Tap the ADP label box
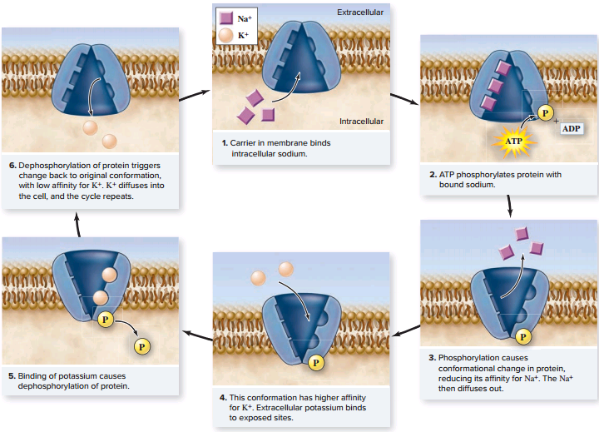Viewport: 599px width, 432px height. point(571,129)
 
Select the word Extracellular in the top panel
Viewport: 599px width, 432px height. point(360,13)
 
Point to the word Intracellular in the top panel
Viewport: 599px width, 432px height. point(362,121)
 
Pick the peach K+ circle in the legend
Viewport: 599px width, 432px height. point(225,36)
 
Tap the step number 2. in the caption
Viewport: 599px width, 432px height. point(433,175)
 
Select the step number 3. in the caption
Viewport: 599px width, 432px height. point(433,358)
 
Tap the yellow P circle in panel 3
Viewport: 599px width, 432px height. point(521,337)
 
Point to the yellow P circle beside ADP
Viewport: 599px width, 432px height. point(544,113)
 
